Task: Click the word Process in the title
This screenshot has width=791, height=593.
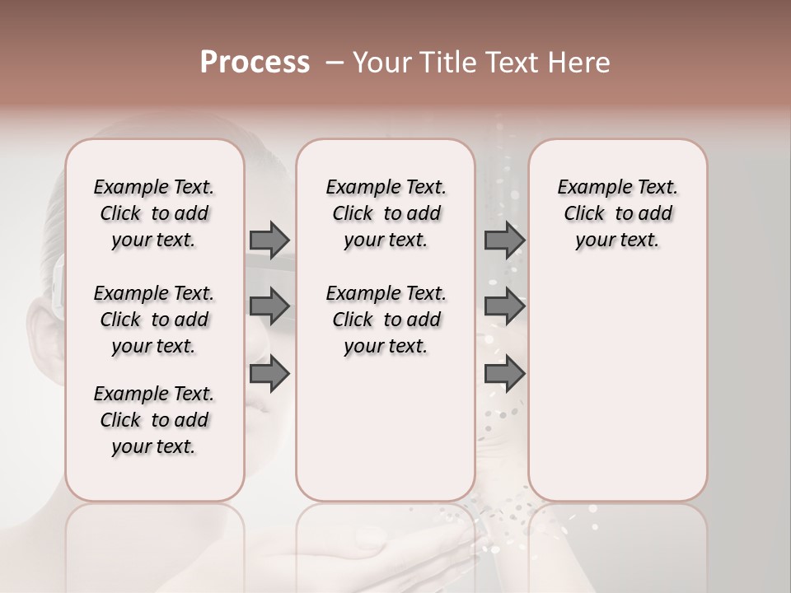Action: tap(255, 63)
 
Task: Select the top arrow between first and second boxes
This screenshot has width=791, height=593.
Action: tap(269, 240)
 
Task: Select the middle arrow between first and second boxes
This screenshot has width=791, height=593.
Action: tap(269, 306)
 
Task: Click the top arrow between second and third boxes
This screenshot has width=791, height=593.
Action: tap(504, 240)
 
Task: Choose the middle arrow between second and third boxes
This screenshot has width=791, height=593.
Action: tap(504, 306)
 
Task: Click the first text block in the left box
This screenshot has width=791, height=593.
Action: tap(154, 213)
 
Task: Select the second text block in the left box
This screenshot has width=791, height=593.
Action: tap(154, 320)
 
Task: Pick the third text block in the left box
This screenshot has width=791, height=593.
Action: tap(154, 420)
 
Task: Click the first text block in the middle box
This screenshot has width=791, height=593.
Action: tap(386, 213)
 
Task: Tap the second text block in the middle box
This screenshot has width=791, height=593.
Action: tap(386, 320)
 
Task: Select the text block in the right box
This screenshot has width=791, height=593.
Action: tap(617, 213)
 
